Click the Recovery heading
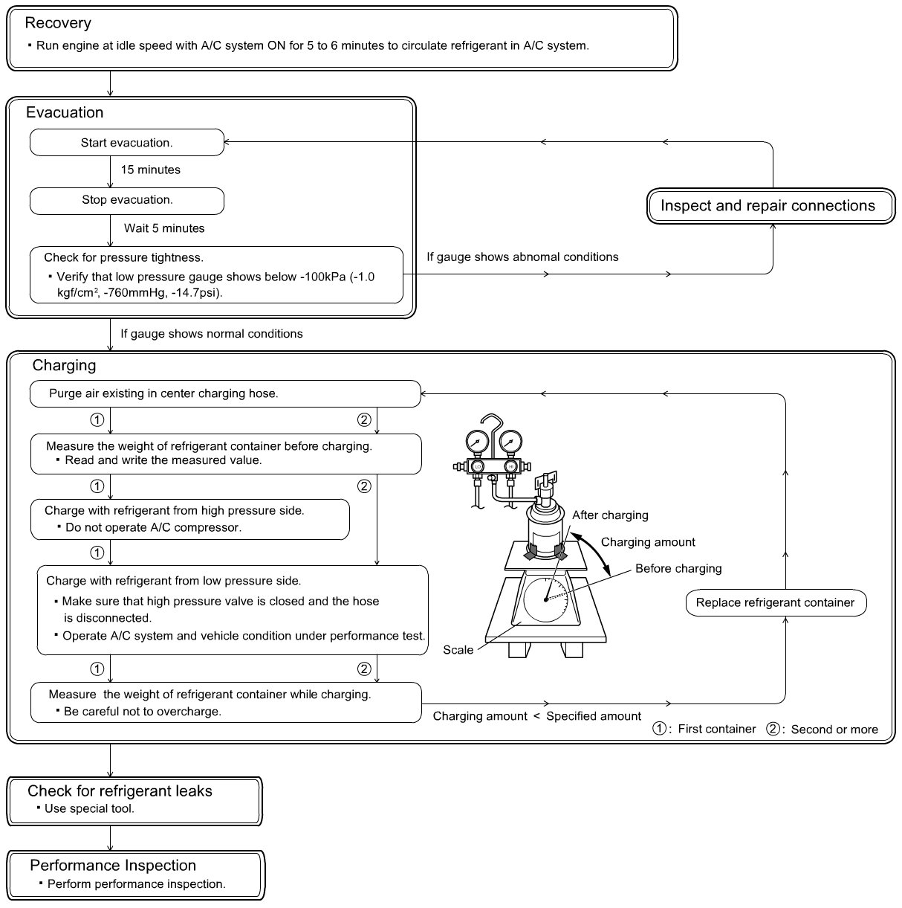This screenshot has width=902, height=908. coord(58,23)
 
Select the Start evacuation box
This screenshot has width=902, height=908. coord(126,143)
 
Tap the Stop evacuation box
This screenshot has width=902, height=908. coord(126,200)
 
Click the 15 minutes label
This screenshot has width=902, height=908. coord(150,170)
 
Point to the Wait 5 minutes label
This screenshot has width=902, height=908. coord(164,228)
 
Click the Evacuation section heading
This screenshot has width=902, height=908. coord(65,113)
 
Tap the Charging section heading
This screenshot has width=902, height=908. coord(64,366)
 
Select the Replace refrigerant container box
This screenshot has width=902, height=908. coord(775,603)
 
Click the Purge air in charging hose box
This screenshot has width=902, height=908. coord(224,394)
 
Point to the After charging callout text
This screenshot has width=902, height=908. coord(610,515)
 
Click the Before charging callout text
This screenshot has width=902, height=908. coord(678,569)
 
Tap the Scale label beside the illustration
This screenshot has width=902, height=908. coord(458,650)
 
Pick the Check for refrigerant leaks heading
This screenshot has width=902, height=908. coord(120,791)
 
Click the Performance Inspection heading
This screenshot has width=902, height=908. coord(113,866)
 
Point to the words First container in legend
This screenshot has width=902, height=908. coord(716,730)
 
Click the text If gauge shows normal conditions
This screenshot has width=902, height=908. coord(212,334)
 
